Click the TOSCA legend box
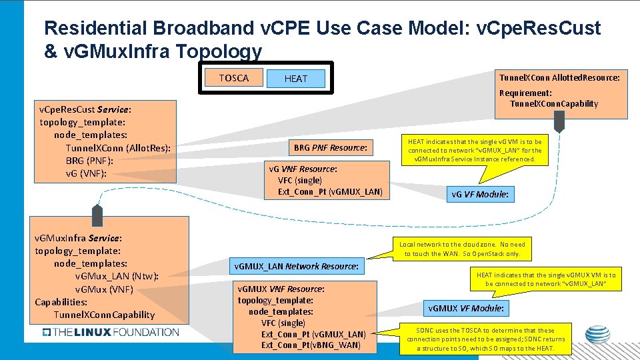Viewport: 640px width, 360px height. (233, 78)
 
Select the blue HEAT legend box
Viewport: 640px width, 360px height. (296, 79)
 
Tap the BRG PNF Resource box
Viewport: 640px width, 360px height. (330, 147)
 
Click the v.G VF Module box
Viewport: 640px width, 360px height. (479, 195)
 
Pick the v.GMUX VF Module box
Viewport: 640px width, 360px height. (466, 308)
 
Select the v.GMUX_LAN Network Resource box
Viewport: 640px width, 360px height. (297, 267)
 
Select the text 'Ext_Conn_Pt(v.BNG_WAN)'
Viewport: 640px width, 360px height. (311, 345)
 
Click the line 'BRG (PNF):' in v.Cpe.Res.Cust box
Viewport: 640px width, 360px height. (89, 161)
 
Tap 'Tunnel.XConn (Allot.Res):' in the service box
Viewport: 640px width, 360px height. (118, 148)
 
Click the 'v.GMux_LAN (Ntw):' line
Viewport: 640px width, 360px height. (117, 276)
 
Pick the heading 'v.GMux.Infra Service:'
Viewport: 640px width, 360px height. (78, 238)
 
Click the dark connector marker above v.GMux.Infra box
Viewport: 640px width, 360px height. (97, 215)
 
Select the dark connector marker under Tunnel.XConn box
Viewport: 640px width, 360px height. (559, 121)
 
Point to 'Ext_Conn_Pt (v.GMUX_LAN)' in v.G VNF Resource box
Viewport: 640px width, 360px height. (330, 192)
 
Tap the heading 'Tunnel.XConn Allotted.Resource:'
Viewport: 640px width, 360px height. (559, 77)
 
